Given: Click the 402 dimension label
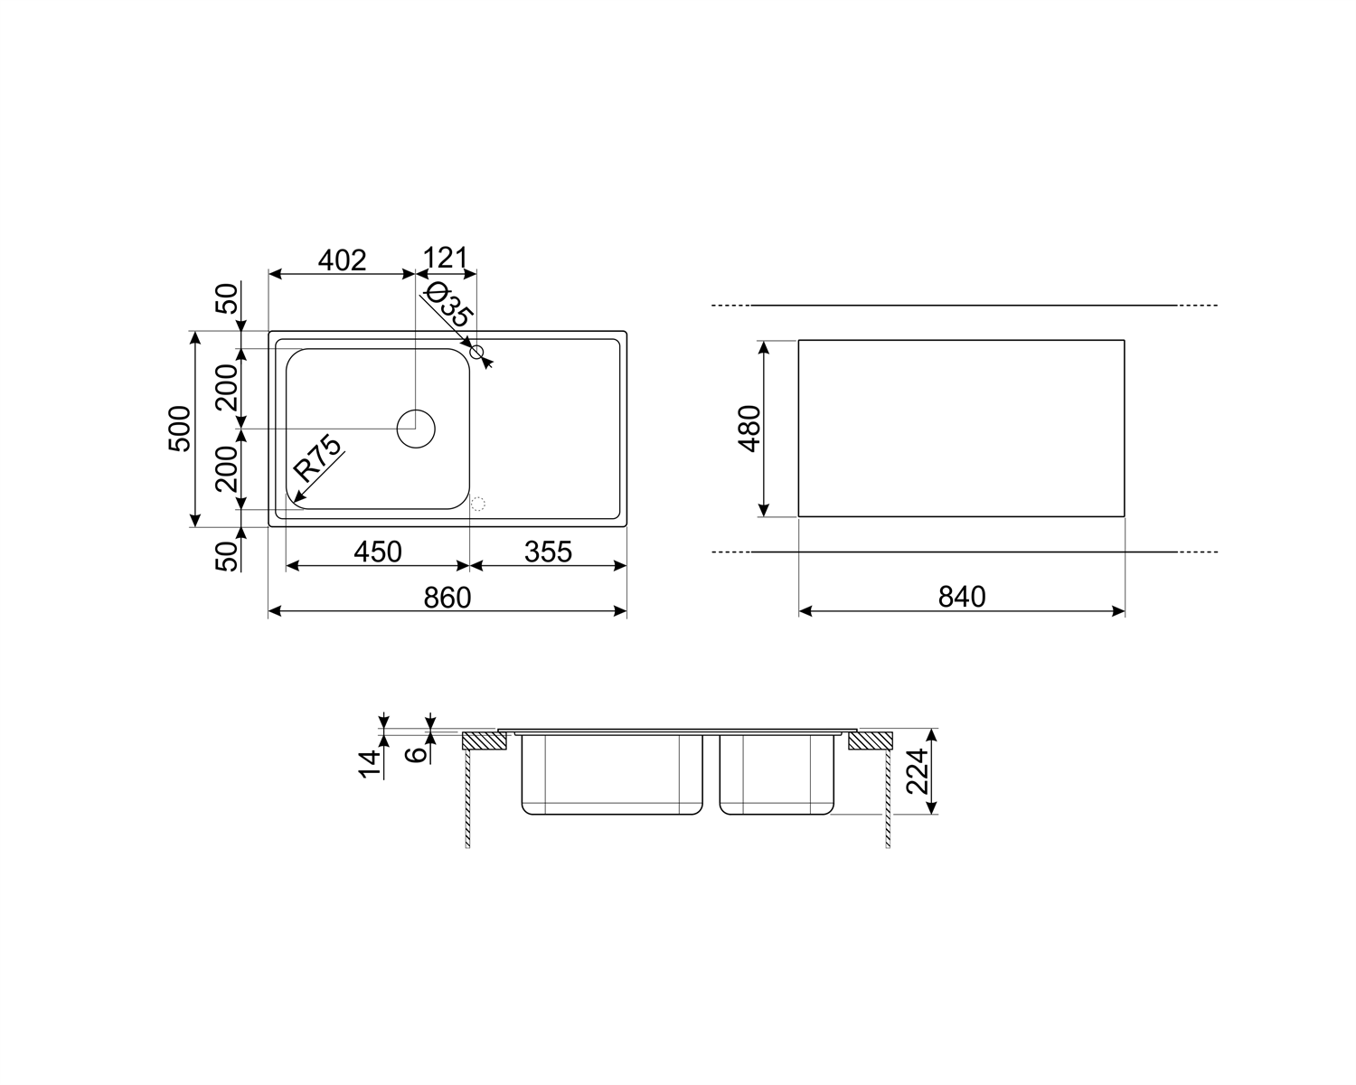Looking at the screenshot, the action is click(x=342, y=260).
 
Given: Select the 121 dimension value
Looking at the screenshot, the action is click(x=445, y=259).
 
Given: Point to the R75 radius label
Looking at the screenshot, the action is click(x=317, y=458).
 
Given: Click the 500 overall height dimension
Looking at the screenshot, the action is click(x=180, y=429).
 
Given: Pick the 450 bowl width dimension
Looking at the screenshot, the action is click(x=378, y=552).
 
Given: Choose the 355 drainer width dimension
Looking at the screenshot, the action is click(x=548, y=552).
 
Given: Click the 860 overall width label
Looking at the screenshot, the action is click(x=447, y=598).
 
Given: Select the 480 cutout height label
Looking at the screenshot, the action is click(x=749, y=429).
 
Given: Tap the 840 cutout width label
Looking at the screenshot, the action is click(x=962, y=597).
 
